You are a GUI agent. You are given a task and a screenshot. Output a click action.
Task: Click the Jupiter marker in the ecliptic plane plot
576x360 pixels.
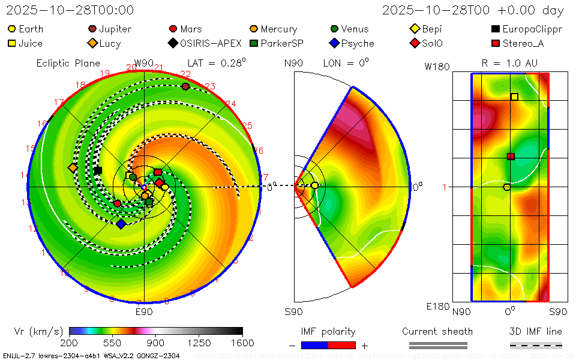coord(185,86)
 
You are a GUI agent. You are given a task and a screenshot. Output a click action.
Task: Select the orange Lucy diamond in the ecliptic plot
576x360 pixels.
coord(73,168)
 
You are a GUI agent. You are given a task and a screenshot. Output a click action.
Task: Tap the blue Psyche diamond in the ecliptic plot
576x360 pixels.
coord(121,224)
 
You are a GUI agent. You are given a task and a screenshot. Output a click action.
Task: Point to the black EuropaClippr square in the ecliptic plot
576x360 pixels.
coord(98,170)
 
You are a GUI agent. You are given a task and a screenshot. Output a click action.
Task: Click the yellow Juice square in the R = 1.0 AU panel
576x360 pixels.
coord(514,97)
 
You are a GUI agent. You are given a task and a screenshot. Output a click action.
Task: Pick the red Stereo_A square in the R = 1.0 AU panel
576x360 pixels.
coord(511,157)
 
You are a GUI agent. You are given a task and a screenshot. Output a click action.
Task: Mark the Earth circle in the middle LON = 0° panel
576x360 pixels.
coord(314,185)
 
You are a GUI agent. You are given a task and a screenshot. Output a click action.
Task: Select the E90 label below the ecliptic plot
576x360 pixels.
coord(144,311)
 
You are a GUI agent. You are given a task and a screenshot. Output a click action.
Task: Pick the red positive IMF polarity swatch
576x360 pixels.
coord(342,345)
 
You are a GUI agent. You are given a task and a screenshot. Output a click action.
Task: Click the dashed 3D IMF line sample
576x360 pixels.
coord(536,345)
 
